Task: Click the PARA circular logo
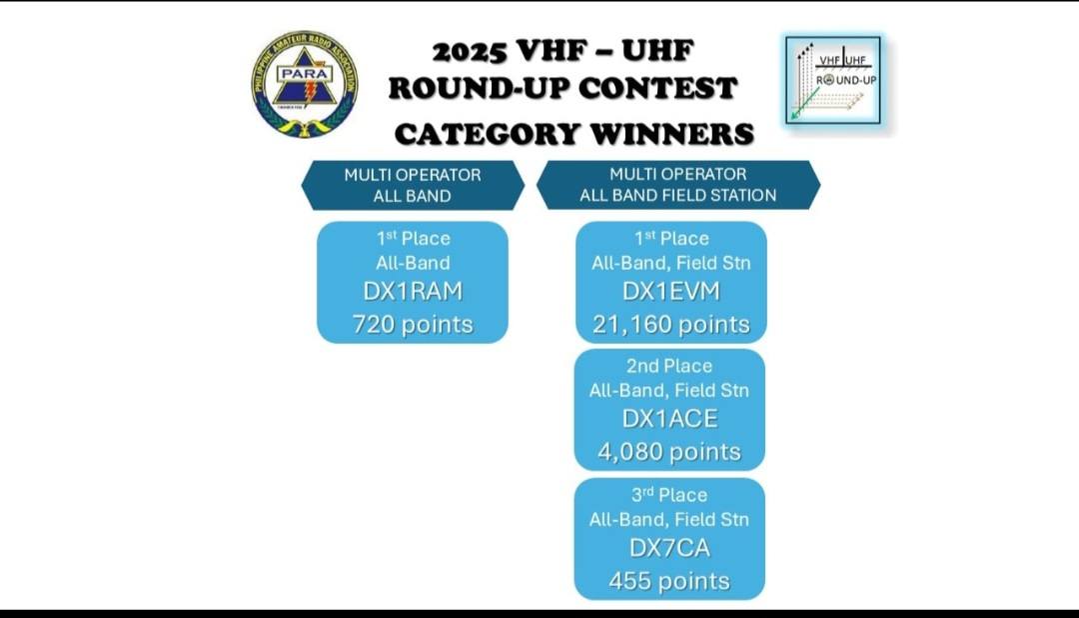click(x=305, y=83)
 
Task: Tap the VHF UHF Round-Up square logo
click(x=832, y=81)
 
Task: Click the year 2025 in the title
click(x=470, y=51)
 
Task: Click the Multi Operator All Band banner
click(x=413, y=185)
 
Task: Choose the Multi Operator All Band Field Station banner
click(x=677, y=185)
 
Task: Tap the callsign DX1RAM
click(x=413, y=291)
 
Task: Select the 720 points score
click(x=413, y=324)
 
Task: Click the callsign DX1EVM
click(x=671, y=291)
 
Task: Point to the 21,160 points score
click(x=671, y=324)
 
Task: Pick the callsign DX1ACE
click(x=669, y=419)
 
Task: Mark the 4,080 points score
click(x=669, y=452)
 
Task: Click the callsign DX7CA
click(x=669, y=548)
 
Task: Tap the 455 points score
click(x=669, y=581)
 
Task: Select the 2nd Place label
click(x=669, y=366)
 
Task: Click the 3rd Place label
click(x=669, y=495)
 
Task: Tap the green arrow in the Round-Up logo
click(x=804, y=103)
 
